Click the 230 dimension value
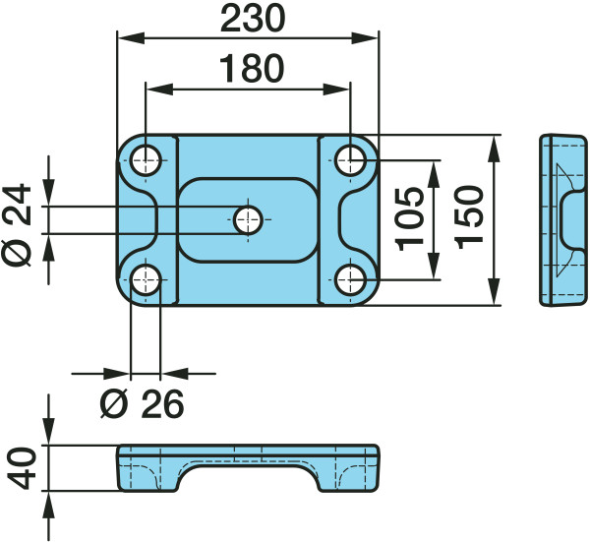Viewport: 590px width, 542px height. coord(253,18)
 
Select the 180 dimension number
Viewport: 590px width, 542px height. coord(252,69)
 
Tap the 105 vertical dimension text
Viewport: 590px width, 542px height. coord(409,218)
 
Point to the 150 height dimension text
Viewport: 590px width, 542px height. coord(468,217)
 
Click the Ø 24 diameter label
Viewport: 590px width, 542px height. coord(17,224)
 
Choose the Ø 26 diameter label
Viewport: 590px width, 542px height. coord(143,404)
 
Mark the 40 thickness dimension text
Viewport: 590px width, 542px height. coord(22,468)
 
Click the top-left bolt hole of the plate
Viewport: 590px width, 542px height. coord(146,160)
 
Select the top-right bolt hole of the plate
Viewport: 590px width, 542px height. coord(350,160)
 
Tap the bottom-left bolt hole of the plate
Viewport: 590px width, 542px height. coord(146,279)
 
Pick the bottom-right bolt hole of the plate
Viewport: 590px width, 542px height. coord(350,279)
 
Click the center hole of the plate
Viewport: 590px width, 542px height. coord(248,219)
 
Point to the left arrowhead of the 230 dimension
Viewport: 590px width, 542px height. coord(131,37)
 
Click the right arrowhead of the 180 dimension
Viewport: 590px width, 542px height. coord(336,90)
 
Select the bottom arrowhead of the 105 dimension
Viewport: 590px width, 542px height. coord(435,267)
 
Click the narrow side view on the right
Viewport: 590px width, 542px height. coord(563,219)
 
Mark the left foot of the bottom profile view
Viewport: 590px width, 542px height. coord(147,479)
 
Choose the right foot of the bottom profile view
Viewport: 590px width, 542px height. coord(348,479)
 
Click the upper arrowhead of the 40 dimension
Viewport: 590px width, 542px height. coord(48,432)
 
